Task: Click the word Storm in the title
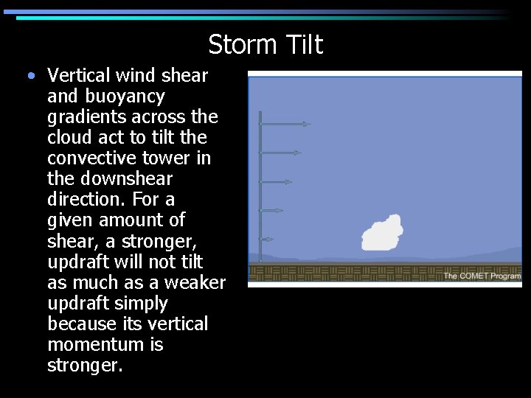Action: [239, 45]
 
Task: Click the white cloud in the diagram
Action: [382, 234]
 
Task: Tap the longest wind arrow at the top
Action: [285, 125]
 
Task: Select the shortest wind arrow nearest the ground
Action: [267, 239]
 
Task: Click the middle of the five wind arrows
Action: [277, 181]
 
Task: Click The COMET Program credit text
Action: [482, 276]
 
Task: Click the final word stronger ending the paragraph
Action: [82, 365]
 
